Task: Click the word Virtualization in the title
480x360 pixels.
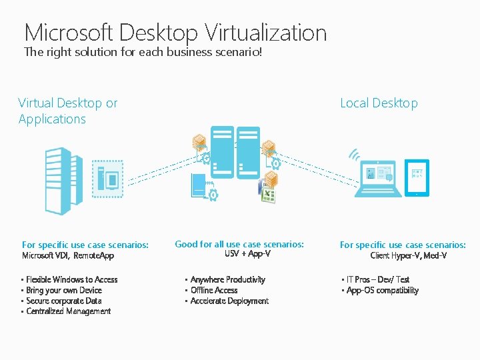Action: [x=266, y=32]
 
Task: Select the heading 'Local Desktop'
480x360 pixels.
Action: [x=379, y=103]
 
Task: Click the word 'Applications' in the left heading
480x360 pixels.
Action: [x=52, y=119]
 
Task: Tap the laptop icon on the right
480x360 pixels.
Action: [x=378, y=178]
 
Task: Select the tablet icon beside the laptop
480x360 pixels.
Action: [x=417, y=178]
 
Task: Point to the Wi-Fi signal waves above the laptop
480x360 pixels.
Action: [x=354, y=156]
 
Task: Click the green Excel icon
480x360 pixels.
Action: [x=268, y=195]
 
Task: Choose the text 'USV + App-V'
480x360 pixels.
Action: [x=238, y=254]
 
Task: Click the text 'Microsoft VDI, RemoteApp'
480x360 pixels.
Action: [x=68, y=255]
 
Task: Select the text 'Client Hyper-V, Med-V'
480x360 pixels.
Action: [x=408, y=255]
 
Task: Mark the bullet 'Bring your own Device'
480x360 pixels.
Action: [x=64, y=290]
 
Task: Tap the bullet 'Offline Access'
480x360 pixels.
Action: [x=214, y=290]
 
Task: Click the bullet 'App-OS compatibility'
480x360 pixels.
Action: [x=383, y=290]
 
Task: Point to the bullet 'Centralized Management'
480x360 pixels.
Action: [x=68, y=311]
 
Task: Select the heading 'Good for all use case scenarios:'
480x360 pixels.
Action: [x=239, y=244]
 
